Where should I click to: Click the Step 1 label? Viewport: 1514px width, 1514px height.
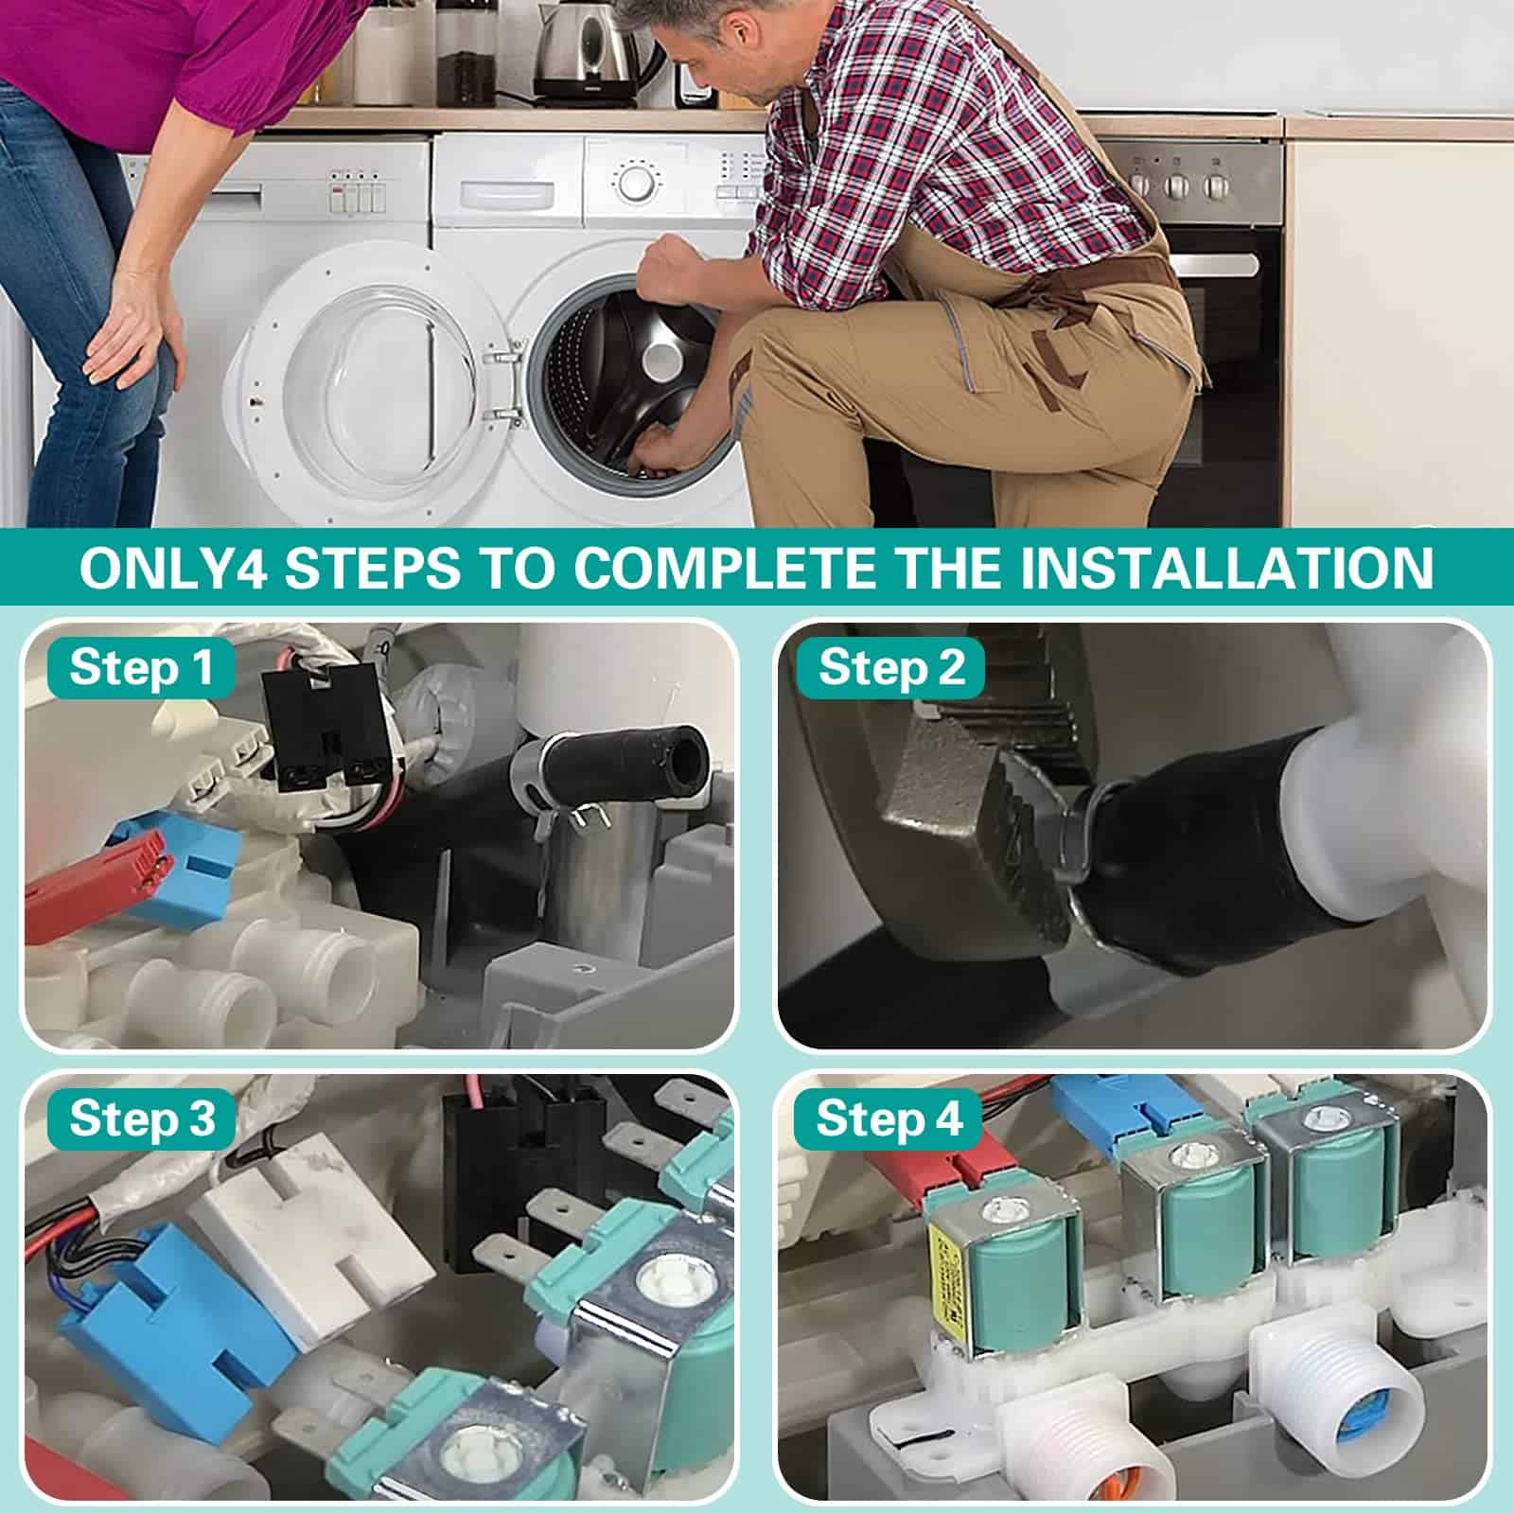click(x=140, y=668)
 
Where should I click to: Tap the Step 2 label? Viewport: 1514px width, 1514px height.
click(x=891, y=668)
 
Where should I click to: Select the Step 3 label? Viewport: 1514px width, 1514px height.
click(x=142, y=1118)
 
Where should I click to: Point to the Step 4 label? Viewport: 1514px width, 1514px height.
click(x=889, y=1118)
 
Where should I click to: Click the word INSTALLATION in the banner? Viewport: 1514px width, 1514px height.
click(x=1209, y=568)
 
